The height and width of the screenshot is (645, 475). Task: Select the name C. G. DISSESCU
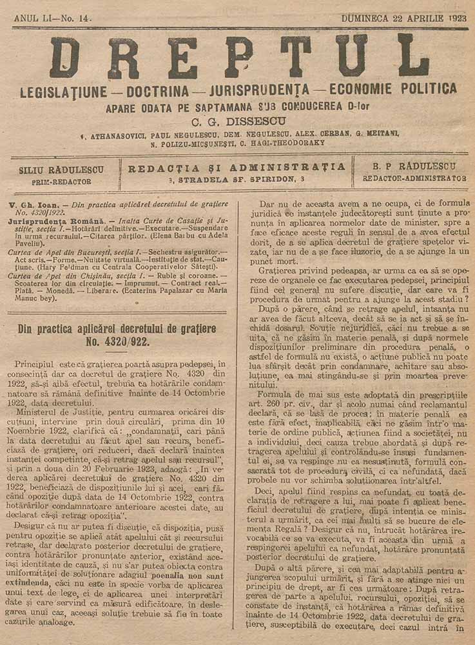[x=238, y=119]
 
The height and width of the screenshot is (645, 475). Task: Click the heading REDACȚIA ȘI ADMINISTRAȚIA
[x=237, y=167]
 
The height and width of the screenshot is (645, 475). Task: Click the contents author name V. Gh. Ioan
[x=36, y=204]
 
